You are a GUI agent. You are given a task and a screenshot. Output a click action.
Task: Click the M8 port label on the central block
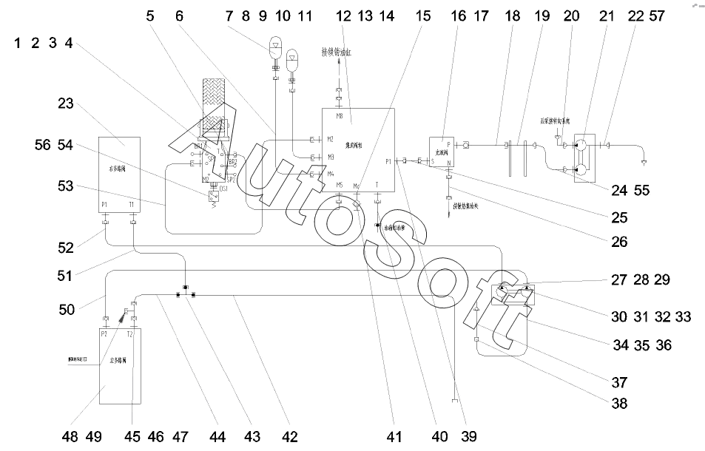coord(339,116)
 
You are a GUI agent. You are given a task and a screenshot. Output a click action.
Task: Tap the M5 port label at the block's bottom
coord(339,185)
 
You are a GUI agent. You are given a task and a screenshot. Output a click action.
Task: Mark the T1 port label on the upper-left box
coord(131,205)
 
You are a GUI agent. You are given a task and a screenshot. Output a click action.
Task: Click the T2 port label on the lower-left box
coord(130,333)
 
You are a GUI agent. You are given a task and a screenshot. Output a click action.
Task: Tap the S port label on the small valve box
coord(433,160)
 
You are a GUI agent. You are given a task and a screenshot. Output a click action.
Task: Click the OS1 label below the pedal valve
coord(223,190)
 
